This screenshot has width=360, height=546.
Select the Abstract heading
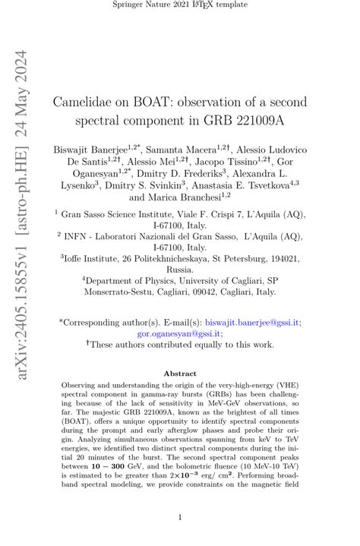180,373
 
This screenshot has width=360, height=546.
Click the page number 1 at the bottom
180,517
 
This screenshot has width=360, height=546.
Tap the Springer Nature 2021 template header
180,6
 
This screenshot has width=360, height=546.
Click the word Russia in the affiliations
180,269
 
